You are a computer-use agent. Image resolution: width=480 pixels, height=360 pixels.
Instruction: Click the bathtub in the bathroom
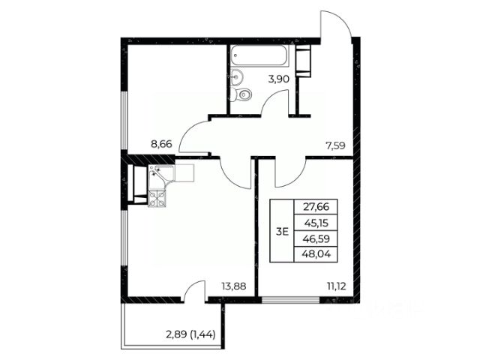tap(260, 55)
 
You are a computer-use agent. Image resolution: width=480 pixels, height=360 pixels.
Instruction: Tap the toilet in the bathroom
tap(241, 94)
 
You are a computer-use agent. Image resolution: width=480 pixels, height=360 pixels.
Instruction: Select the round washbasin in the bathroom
tap(237, 76)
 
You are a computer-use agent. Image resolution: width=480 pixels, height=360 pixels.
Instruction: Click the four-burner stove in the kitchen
tap(157, 198)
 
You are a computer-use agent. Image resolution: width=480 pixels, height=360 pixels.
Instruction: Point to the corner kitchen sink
tap(160, 175)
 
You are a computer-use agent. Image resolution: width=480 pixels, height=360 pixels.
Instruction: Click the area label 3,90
tap(278, 79)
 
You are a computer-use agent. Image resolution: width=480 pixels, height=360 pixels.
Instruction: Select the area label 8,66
tap(162, 143)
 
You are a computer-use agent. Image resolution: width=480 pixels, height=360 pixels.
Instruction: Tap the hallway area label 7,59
tap(335, 145)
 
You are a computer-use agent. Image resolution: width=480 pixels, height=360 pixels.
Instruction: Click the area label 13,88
tap(234, 286)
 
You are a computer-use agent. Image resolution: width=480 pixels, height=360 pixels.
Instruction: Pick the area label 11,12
tap(337, 286)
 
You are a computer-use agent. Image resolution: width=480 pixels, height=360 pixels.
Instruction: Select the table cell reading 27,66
tap(316, 207)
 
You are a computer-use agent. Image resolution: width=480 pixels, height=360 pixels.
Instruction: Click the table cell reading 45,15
tap(316, 223)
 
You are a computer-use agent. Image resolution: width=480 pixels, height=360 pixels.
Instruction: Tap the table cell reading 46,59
tap(316, 238)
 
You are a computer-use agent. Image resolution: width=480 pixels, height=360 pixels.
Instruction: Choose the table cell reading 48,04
tap(316, 254)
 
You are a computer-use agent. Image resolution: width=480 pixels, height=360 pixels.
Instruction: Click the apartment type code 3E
tap(282, 232)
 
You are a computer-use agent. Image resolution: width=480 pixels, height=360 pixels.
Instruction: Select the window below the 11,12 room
tap(291, 300)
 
